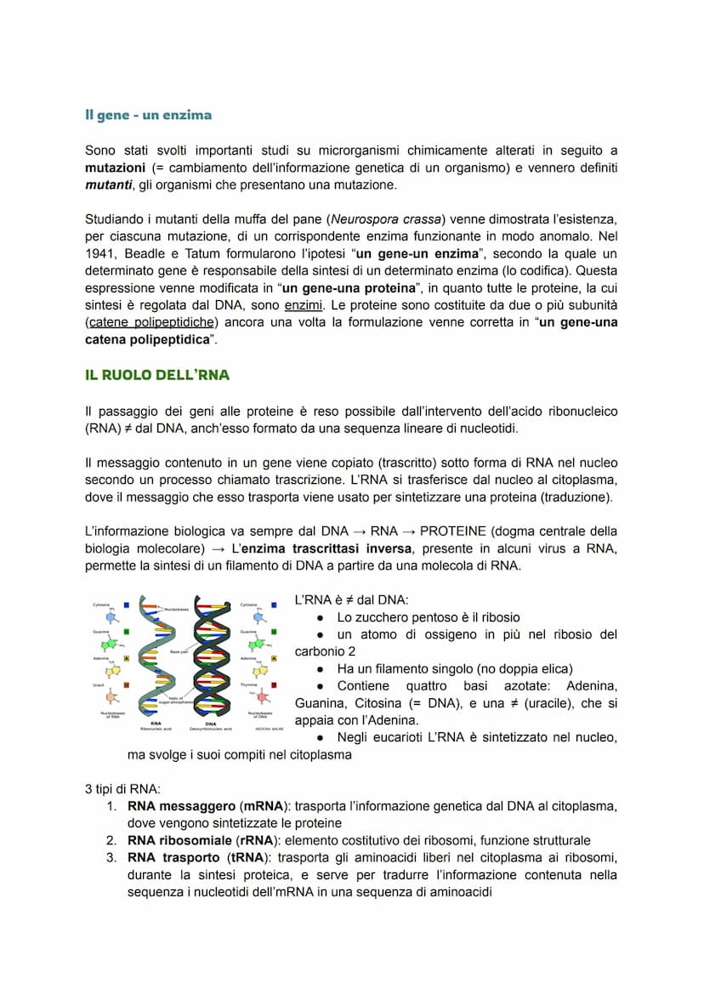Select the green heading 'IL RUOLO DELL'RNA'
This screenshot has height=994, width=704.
pos(157,375)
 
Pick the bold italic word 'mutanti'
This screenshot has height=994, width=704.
pos(110,185)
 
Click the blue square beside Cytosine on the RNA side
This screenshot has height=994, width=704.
pos(126,605)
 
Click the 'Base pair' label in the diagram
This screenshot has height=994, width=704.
pos(179,651)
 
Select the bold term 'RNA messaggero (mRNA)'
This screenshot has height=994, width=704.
pos(196,806)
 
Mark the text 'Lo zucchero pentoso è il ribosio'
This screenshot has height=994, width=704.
pos(428,618)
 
